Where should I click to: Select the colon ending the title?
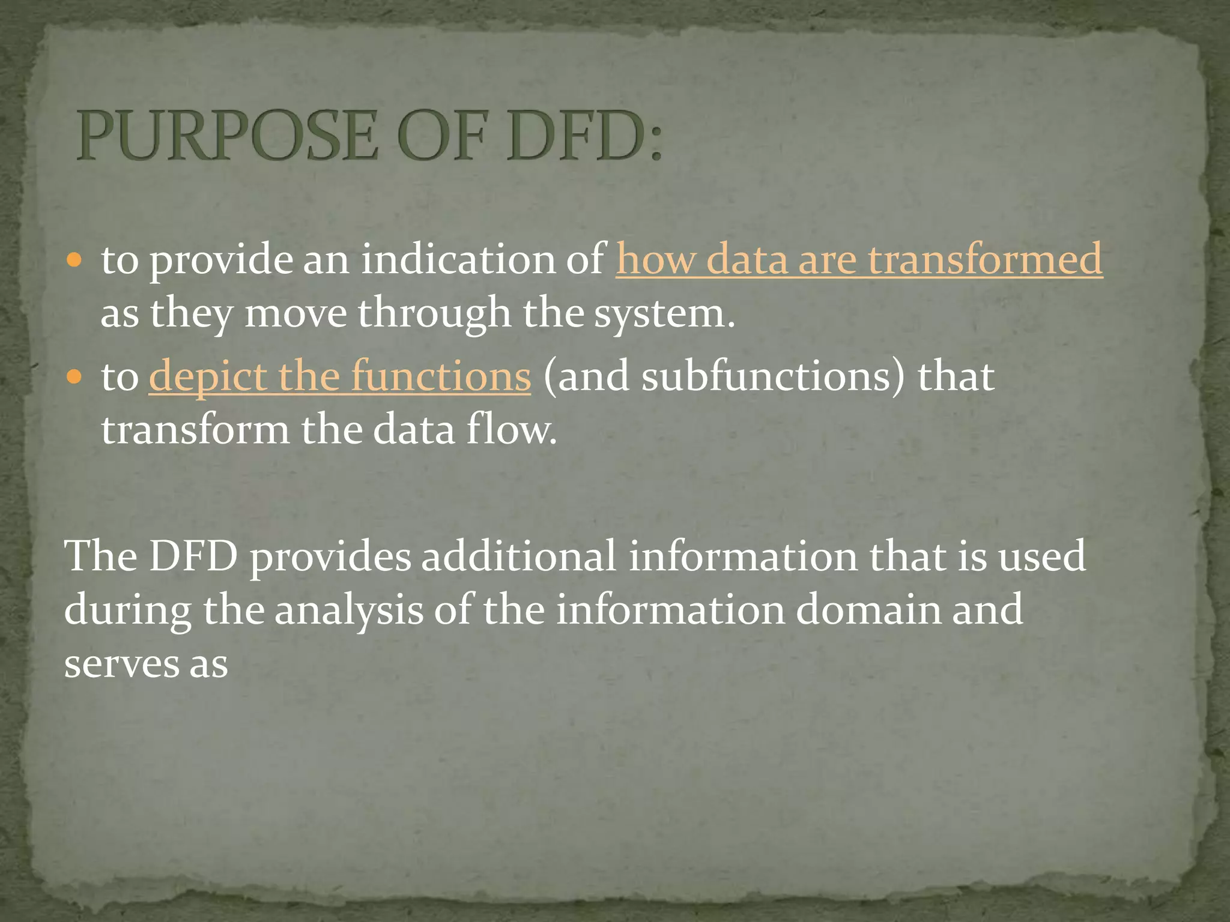point(655,143)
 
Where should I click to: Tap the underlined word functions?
point(441,376)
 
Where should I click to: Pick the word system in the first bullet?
point(664,315)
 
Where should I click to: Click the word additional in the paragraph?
point(518,556)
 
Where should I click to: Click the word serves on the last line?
point(121,664)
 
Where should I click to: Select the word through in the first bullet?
point(434,315)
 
